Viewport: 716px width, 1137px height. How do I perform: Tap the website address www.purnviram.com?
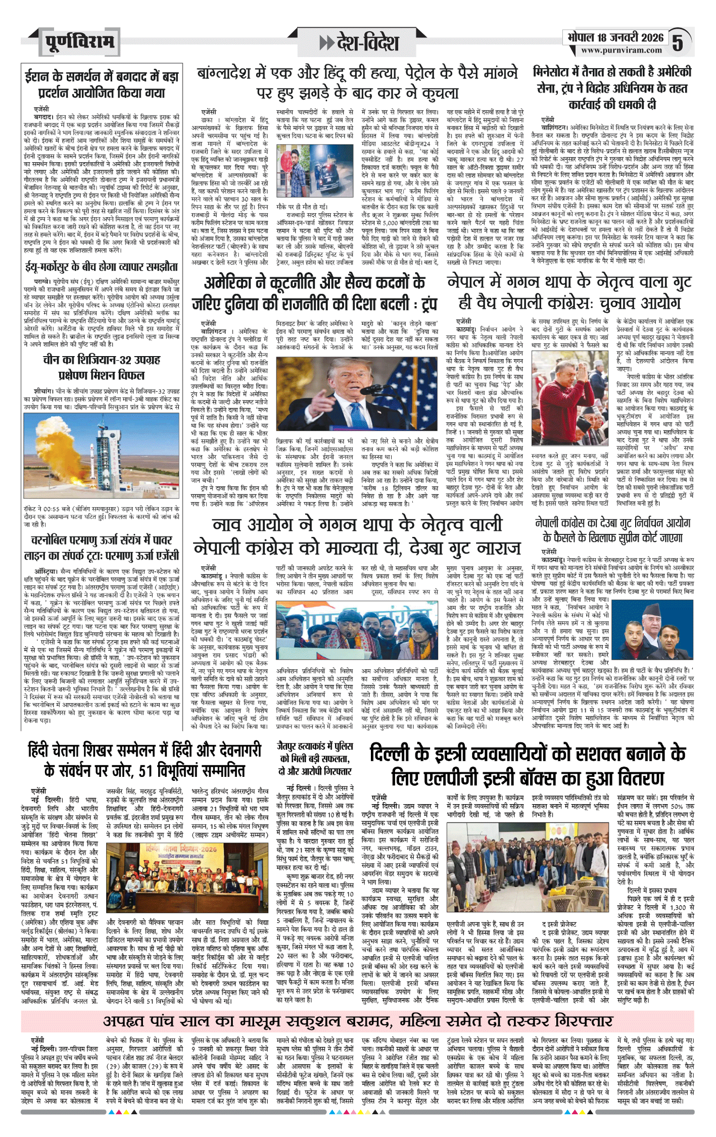[621, 51]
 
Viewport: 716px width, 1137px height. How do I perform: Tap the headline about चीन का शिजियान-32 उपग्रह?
[101, 368]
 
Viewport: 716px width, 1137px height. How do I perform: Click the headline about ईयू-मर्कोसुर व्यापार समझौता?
[101, 267]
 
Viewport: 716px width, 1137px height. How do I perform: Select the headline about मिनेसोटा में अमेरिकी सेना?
[612, 88]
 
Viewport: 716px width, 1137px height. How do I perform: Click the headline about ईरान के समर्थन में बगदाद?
[101, 84]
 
